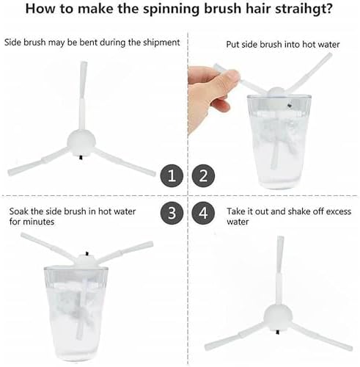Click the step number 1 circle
(x=172, y=175)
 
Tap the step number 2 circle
(x=203, y=175)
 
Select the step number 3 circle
(x=172, y=212)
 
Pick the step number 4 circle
(x=203, y=212)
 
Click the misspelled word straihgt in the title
(x=304, y=9)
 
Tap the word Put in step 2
(x=232, y=45)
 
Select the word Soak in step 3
(x=19, y=211)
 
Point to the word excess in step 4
(x=338, y=211)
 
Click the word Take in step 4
(x=236, y=211)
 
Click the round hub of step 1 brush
(x=81, y=142)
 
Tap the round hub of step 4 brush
(x=278, y=317)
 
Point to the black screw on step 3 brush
(x=87, y=254)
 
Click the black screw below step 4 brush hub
(x=278, y=332)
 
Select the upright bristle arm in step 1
(x=83, y=95)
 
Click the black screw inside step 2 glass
(x=290, y=106)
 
